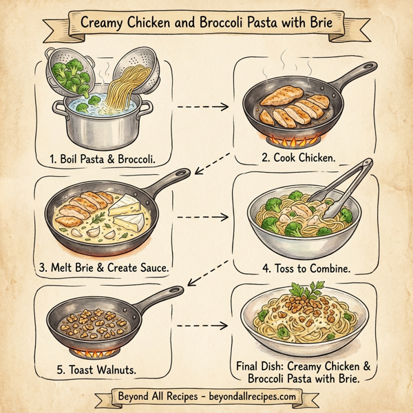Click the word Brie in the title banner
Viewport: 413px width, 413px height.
point(317,23)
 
